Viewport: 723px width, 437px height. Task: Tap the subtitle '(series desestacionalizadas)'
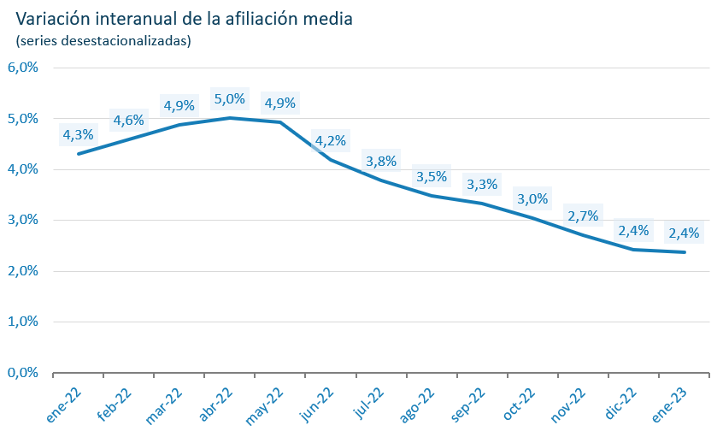103,40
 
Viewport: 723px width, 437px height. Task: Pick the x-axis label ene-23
668,405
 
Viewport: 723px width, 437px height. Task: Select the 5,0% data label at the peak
229,99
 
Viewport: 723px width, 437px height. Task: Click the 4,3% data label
78,134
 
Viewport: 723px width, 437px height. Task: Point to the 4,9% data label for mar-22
179,106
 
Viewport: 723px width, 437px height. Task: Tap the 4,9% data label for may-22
280,103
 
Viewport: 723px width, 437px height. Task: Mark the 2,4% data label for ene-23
684,233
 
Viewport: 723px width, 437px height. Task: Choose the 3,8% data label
380,161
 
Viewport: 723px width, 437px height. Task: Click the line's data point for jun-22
331,159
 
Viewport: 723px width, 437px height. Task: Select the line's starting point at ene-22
78,154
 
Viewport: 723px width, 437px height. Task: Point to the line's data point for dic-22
633,250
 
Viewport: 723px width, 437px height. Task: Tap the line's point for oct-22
532,218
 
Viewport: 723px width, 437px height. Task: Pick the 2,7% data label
583,216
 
